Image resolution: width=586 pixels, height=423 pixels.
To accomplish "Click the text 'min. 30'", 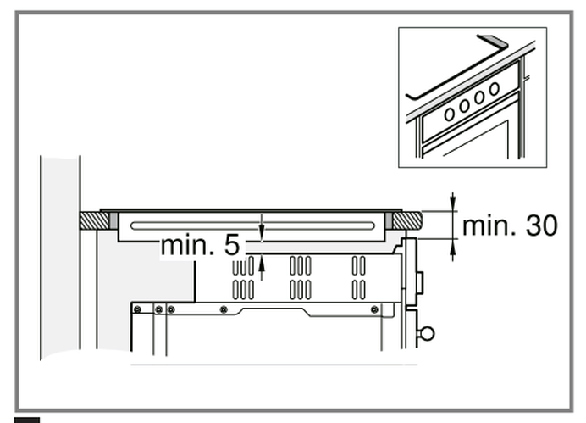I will tap(510, 225).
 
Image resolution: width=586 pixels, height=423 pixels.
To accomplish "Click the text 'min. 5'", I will tap(200, 246).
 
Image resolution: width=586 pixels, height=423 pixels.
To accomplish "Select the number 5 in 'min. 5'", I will tap(232, 246).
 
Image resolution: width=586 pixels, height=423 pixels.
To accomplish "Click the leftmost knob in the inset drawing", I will tap(450, 113).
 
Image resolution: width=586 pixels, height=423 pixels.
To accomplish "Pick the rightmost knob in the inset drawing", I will tap(494, 89).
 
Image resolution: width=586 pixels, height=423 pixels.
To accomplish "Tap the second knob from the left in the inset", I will tap(465, 104).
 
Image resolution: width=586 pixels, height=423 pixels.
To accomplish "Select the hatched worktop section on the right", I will tap(406, 220).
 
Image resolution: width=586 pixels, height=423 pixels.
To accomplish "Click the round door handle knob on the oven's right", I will tap(427, 332).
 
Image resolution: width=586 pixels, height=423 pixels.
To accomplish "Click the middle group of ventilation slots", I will tap(300, 278).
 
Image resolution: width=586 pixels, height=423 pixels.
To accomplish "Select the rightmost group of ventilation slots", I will tap(359, 278).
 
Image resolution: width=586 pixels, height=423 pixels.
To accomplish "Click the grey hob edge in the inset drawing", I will tap(492, 40).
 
